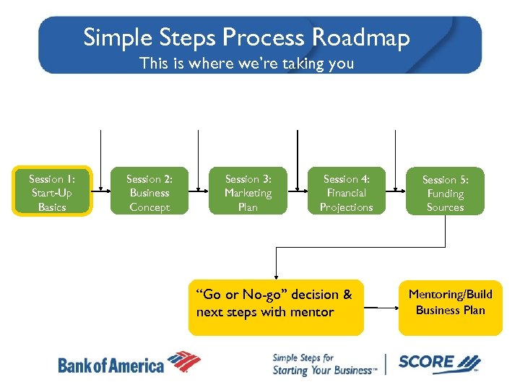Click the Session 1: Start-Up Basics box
point(52,192)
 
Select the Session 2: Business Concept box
point(149,192)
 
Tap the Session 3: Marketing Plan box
point(248,192)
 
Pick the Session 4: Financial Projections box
point(346,192)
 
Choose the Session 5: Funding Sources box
point(445,193)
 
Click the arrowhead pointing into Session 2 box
point(105,192)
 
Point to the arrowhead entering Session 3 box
point(204,192)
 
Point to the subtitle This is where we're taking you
point(247,64)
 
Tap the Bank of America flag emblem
point(183,362)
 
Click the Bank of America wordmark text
point(110,365)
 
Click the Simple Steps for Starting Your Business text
point(324,364)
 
